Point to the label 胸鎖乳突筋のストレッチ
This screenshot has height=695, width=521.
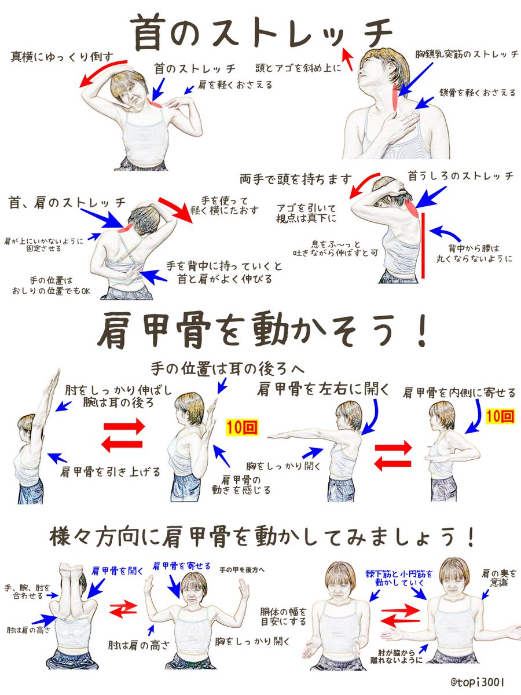click(x=467, y=54)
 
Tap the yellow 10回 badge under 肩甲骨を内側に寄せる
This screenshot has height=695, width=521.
click(x=499, y=415)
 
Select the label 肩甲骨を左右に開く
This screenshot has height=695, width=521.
click(x=324, y=388)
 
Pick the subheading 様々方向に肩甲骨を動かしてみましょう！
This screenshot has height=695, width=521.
click(x=261, y=536)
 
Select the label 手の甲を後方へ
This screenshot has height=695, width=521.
click(x=242, y=570)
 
